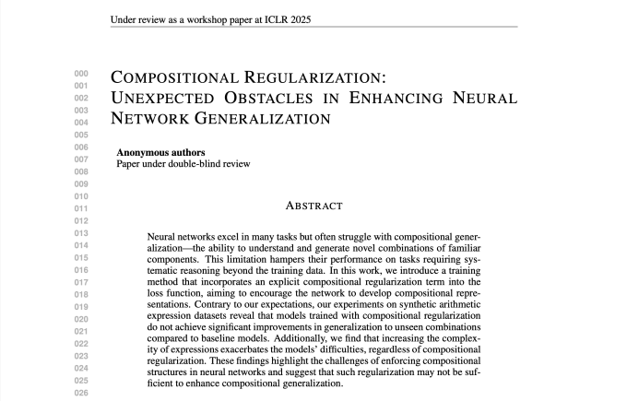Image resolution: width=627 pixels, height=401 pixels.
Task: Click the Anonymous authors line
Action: click(x=160, y=152)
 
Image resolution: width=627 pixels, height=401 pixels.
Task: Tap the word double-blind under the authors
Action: click(x=188, y=164)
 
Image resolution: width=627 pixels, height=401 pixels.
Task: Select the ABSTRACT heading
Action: click(x=313, y=206)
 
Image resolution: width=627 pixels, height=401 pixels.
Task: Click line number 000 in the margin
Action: click(x=81, y=74)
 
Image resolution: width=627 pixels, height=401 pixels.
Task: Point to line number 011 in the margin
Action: click(x=81, y=209)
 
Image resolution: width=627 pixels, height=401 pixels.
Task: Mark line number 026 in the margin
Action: click(x=81, y=393)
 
